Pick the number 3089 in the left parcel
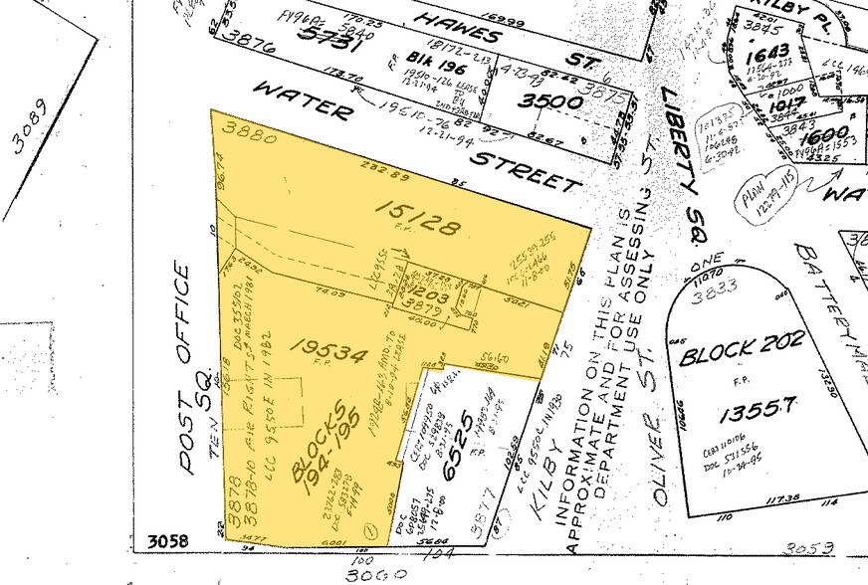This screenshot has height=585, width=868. tap(31, 128)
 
